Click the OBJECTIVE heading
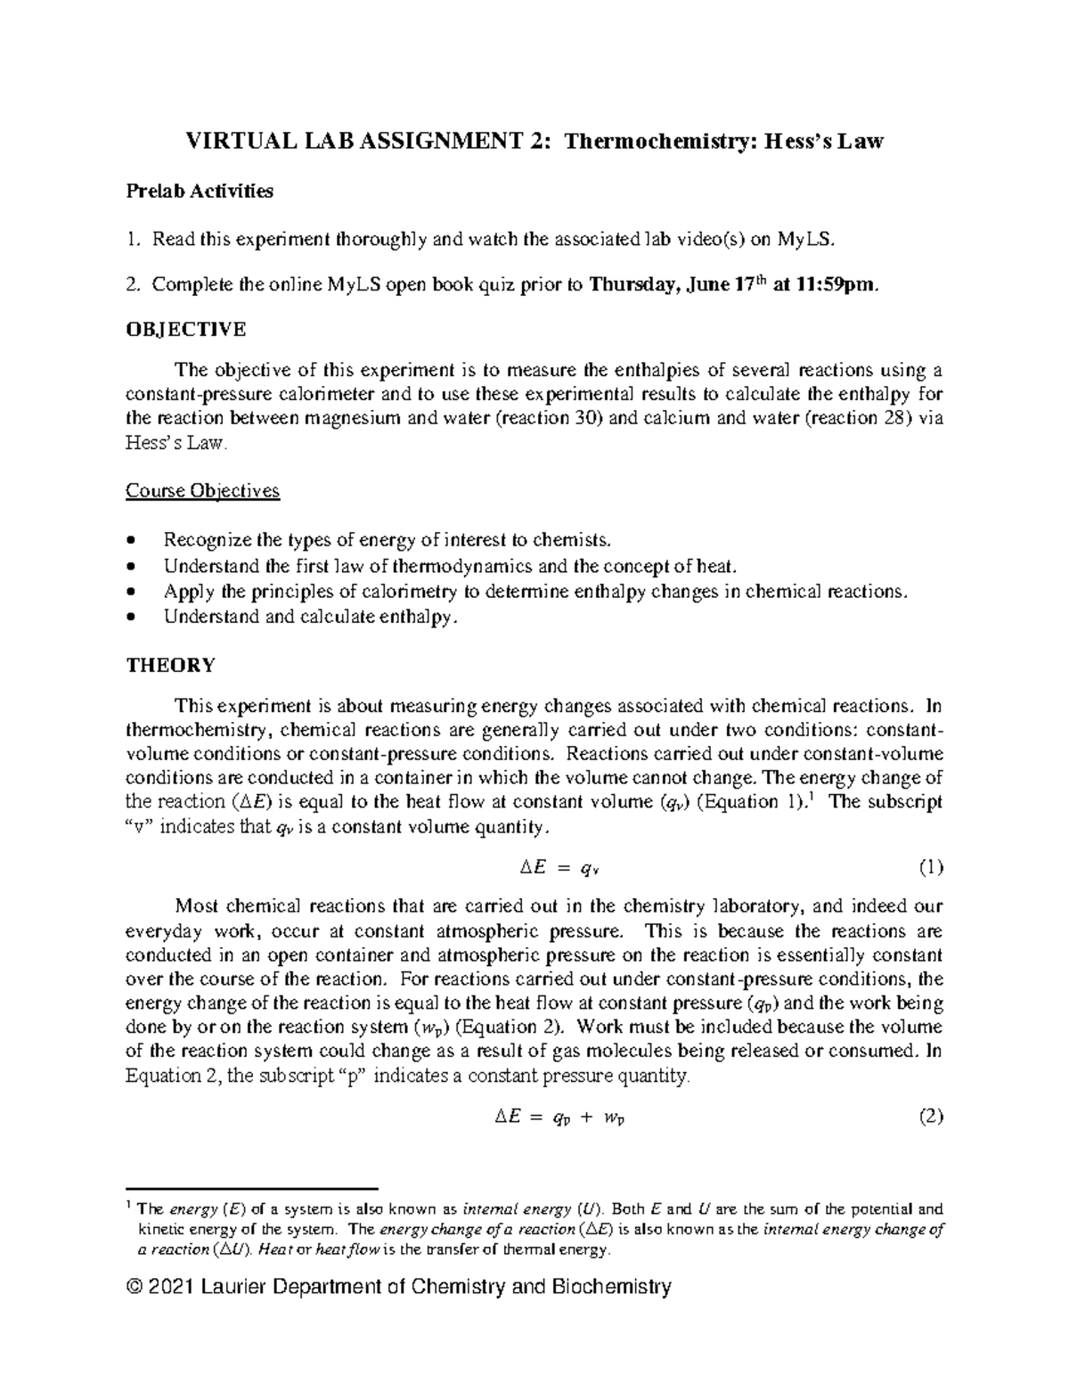pyautogui.click(x=185, y=329)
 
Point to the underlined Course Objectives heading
pyautogui.click(x=202, y=490)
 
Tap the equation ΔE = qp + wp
pyautogui.click(x=559, y=1118)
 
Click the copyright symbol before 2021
pyautogui.click(x=135, y=1287)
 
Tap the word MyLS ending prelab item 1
pyautogui.click(x=806, y=239)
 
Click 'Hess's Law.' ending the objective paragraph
pyautogui.click(x=176, y=443)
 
